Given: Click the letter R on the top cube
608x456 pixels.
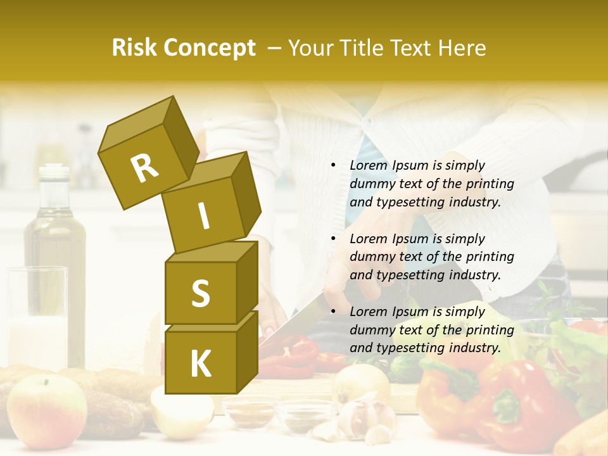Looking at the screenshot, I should pyautogui.click(x=145, y=168).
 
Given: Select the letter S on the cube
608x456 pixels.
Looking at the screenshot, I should pyautogui.click(x=200, y=293).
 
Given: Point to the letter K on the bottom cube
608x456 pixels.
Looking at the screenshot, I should pyautogui.click(x=200, y=364).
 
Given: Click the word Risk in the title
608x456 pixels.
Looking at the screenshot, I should pyautogui.click(x=135, y=48).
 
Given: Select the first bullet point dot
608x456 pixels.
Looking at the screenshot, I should pyautogui.click(x=333, y=165).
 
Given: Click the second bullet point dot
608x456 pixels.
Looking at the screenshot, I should pyautogui.click(x=333, y=239).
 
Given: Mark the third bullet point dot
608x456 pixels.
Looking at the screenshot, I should pyautogui.click(x=333, y=312).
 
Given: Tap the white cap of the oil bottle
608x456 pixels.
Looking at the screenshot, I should pyautogui.click(x=54, y=172).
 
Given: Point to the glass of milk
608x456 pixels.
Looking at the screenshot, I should pyautogui.click(x=37, y=317).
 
